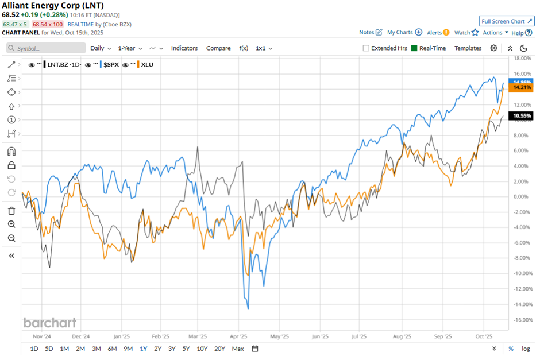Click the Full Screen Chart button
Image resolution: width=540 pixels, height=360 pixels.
click(x=506, y=21)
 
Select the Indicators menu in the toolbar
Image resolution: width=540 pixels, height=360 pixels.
click(x=184, y=48)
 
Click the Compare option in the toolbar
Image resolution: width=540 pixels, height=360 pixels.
click(x=218, y=48)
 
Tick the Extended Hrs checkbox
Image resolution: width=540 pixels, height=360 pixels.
click(x=367, y=48)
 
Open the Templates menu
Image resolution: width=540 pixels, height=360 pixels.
click(x=468, y=48)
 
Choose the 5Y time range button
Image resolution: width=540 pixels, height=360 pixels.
click(x=186, y=349)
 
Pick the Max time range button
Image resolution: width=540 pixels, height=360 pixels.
click(x=238, y=349)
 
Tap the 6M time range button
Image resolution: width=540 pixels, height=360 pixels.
click(x=112, y=349)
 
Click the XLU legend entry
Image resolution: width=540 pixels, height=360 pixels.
click(x=146, y=64)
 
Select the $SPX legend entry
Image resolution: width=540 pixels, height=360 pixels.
click(x=110, y=64)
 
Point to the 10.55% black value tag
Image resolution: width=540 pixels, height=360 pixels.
click(x=522, y=115)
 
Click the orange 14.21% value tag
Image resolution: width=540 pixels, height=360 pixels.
click(x=522, y=88)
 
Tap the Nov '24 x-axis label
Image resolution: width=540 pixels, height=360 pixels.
click(x=42, y=336)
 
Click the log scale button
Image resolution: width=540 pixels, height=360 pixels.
click(x=526, y=349)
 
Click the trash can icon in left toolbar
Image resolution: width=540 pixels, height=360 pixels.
click(x=11, y=211)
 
